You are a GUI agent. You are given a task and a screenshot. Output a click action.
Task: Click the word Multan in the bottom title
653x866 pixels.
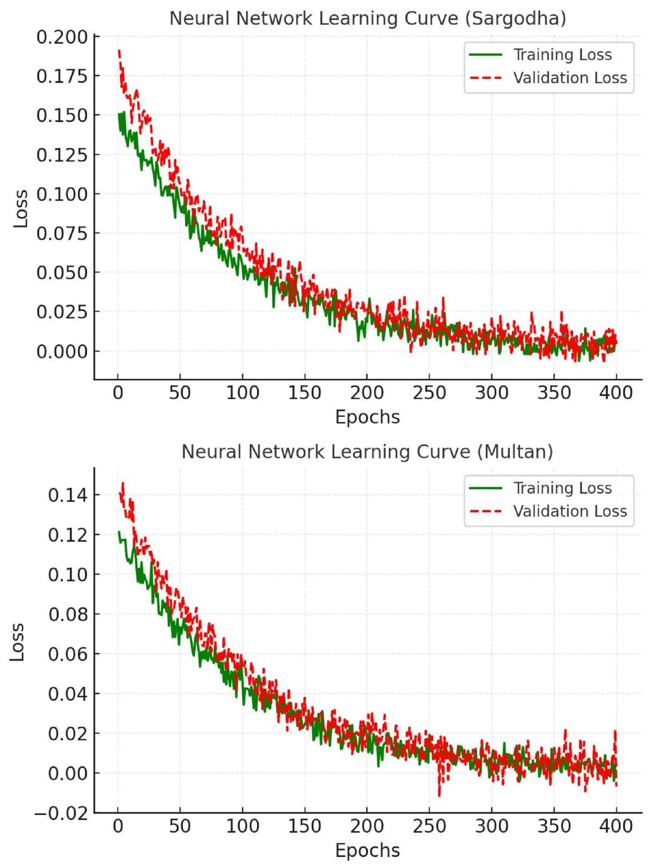pos(515,452)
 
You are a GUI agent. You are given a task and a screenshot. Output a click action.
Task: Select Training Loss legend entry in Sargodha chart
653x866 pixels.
pos(562,55)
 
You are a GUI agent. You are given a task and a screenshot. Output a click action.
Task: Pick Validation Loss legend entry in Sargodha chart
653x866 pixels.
pos(570,78)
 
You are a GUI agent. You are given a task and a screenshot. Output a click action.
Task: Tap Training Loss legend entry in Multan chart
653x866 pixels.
pos(562,489)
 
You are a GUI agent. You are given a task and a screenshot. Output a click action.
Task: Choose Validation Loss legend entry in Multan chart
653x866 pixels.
pos(570,512)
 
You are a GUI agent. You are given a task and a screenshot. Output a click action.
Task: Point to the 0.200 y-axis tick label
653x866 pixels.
pos(62,37)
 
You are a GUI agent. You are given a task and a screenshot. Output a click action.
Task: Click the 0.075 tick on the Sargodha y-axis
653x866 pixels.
pos(62,233)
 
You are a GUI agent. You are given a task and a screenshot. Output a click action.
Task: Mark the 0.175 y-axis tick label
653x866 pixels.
pos(62,76)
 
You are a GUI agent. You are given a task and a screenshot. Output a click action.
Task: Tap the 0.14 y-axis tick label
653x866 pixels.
pos(68,495)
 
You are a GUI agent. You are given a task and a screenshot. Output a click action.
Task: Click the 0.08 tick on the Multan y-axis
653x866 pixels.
pos(68,614)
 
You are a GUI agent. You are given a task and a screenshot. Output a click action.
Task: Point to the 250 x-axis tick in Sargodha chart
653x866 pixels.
pos(429,393)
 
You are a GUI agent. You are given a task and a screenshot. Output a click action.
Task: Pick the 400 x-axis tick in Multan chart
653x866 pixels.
pos(616,826)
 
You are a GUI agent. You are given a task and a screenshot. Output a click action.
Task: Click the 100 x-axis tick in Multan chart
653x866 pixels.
pos(243,826)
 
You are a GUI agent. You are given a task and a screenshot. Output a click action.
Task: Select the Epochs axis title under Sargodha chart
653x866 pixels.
pos(368,417)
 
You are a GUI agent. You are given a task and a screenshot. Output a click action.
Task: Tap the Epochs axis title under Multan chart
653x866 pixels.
pos(368,850)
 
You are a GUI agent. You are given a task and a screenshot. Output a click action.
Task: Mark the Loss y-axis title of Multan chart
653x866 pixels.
pos(17,642)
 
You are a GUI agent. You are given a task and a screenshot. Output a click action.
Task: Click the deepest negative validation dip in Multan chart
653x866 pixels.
pos(439,796)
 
